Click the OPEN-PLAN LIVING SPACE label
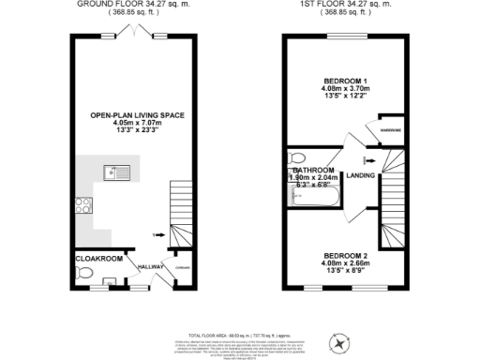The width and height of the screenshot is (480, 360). (x=137, y=114)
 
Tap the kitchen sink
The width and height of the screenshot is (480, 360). (x=116, y=172)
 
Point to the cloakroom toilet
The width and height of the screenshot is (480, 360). (x=85, y=274)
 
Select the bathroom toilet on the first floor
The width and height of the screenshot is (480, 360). (x=298, y=157)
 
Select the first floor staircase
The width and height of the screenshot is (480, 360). (x=395, y=210)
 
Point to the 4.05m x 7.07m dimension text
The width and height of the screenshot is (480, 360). (x=137, y=123)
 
